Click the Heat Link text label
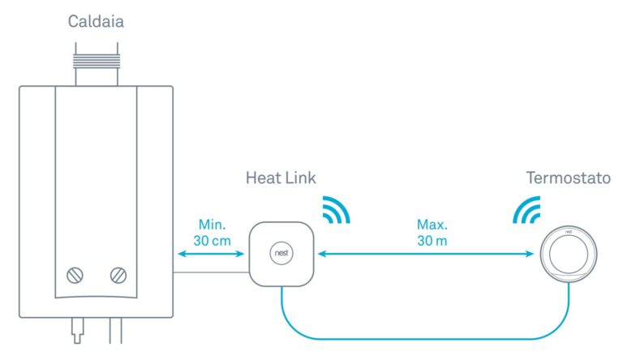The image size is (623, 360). (281, 178)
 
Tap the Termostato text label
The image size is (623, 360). (567, 178)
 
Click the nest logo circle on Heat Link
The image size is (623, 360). (281, 254)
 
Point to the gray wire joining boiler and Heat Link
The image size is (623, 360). (211, 272)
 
